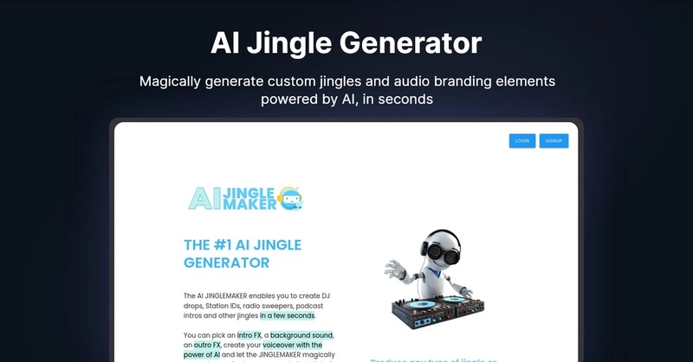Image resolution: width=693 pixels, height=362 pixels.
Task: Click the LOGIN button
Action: [x=522, y=140]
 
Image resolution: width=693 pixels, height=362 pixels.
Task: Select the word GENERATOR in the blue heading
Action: [x=227, y=262]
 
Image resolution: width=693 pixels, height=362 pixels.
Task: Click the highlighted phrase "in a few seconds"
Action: [x=287, y=315]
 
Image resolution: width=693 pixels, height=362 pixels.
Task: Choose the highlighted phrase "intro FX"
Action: [x=249, y=335]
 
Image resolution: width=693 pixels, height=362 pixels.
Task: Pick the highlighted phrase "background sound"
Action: [x=302, y=335]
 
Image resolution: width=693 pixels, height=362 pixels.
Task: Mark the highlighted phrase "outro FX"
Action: [x=207, y=345]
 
